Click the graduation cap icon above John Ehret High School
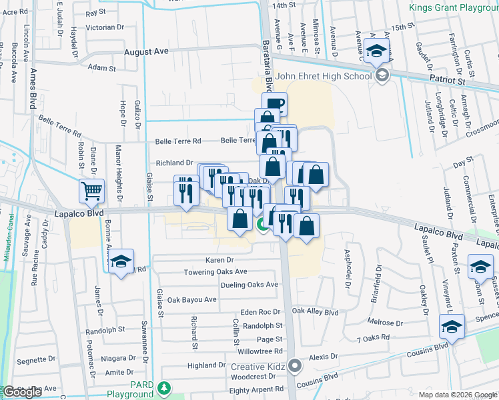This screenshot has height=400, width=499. click(x=377, y=50)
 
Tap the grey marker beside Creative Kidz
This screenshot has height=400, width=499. click(x=295, y=367)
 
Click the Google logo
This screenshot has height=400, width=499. click(x=23, y=392)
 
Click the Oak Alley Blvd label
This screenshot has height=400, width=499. click(x=315, y=312)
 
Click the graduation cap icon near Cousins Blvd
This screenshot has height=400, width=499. click(x=452, y=327)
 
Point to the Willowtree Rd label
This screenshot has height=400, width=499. click(x=260, y=351)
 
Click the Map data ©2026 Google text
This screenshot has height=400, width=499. click(x=458, y=395)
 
